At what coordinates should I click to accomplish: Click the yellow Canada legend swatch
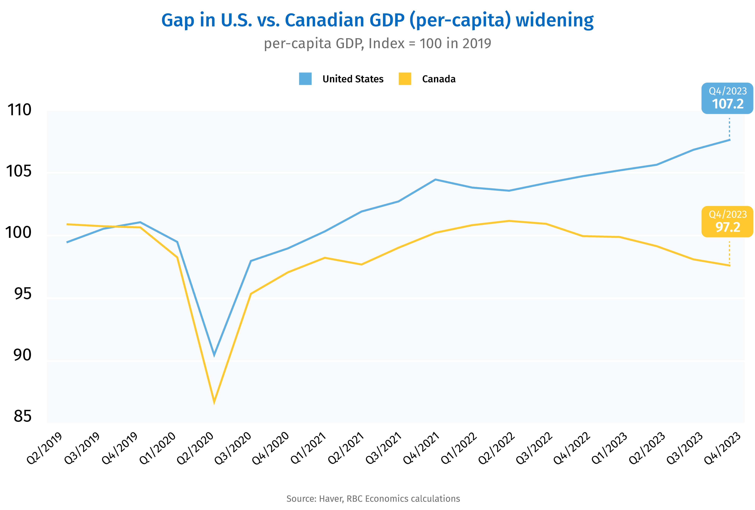pyautogui.click(x=405, y=79)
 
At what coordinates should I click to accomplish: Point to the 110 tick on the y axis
pyautogui.click(x=19, y=110)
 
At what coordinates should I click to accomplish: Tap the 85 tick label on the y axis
pyautogui.click(x=22, y=416)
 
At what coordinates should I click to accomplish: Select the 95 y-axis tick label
pyautogui.click(x=22, y=293)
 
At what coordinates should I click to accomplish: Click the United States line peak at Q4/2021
pyautogui.click(x=435, y=180)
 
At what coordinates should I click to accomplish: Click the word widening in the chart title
pyautogui.click(x=555, y=20)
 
